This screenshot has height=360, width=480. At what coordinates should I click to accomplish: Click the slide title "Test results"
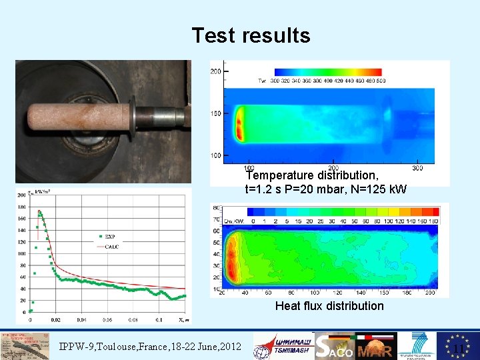251,35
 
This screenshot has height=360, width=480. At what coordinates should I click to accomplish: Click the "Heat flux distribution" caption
329,306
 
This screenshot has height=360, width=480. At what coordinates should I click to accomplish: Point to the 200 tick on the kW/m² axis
21,195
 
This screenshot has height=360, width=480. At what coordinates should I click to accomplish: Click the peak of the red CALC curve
39,212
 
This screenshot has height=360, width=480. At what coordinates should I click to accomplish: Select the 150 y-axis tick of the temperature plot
216,114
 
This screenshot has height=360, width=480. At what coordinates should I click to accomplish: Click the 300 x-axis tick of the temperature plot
418,168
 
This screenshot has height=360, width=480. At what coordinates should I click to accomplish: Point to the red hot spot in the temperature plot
238,124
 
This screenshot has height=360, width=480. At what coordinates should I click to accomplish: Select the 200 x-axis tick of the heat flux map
430,293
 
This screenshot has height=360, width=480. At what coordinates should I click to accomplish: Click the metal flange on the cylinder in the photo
133,117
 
